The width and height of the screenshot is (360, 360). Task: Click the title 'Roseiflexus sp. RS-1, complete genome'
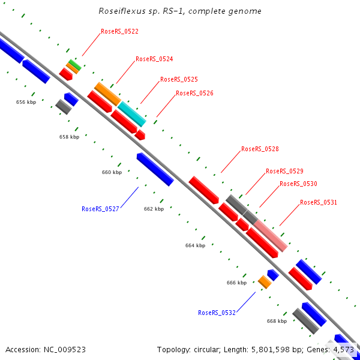click(180, 11)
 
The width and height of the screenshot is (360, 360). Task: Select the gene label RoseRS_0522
click(119, 31)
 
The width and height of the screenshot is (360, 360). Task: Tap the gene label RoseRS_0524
click(154, 59)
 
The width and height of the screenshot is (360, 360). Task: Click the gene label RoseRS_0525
click(179, 79)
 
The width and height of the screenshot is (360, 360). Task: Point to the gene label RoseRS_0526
click(194, 93)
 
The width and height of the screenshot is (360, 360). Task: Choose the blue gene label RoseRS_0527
click(100, 209)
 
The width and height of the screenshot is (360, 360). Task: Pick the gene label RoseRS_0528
click(260, 149)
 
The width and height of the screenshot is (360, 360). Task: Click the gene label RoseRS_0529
click(284, 171)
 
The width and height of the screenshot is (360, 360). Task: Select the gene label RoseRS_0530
click(298, 184)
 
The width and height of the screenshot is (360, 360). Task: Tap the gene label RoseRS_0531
click(319, 202)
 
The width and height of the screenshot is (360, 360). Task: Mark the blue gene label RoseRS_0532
click(217, 313)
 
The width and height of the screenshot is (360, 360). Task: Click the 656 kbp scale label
click(25, 103)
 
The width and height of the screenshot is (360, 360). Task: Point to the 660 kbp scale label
click(112, 172)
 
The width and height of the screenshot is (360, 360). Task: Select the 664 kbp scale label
click(195, 245)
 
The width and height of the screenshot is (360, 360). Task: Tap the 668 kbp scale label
click(277, 321)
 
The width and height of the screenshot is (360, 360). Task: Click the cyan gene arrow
click(131, 113)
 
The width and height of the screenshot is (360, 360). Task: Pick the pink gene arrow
click(271, 236)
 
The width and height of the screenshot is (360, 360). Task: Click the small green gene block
click(74, 63)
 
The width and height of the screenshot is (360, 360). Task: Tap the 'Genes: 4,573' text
click(331, 349)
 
